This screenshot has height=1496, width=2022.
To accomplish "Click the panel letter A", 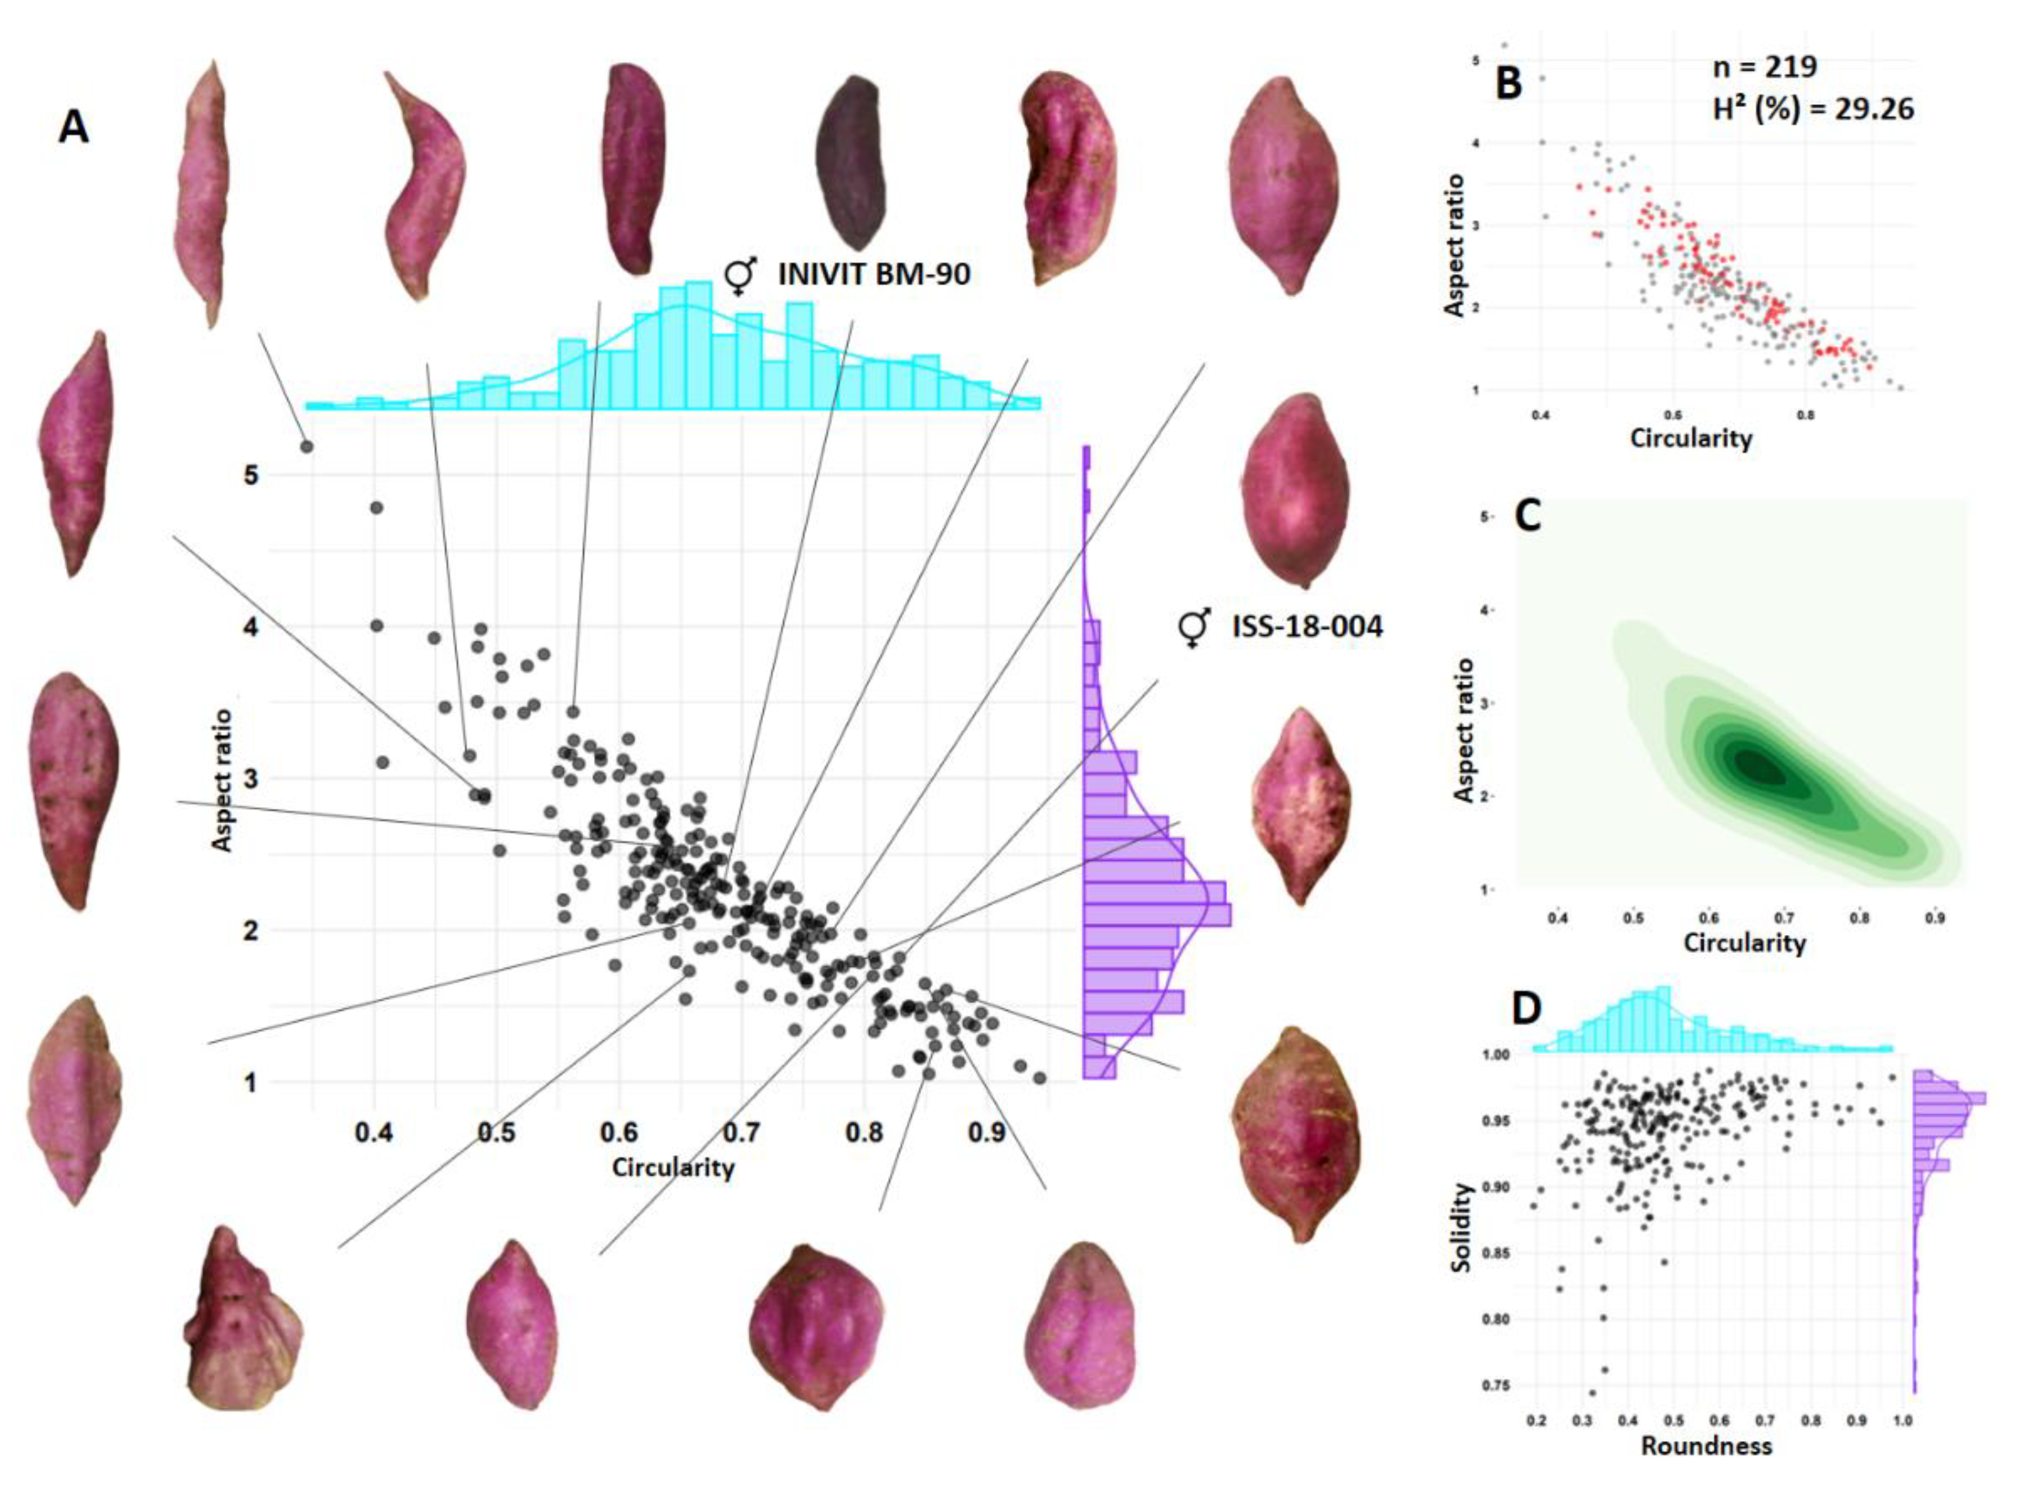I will [73, 127].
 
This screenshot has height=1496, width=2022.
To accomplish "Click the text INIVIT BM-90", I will [874, 273].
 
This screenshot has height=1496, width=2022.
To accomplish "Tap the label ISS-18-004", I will [1307, 626].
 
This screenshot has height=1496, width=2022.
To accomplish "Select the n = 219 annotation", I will [1765, 67].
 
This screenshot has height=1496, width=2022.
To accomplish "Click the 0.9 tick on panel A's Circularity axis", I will [987, 1132].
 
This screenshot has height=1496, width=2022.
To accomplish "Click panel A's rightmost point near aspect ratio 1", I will [1040, 1078].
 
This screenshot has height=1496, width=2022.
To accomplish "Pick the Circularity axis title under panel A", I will [673, 1168].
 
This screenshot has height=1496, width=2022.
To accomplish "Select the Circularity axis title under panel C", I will [1744, 943].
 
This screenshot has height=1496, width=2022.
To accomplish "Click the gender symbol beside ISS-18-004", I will [1194, 628].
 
